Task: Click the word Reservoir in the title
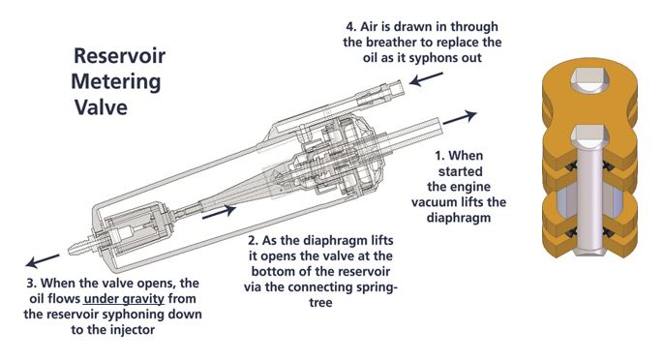click(119, 56)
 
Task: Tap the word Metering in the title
click(116, 81)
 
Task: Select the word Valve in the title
click(102, 106)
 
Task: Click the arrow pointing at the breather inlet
click(426, 79)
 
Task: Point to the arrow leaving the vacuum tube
click(460, 117)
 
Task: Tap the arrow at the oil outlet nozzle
click(43, 261)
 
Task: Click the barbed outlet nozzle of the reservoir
click(81, 247)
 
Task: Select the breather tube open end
click(397, 88)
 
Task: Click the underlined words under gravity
click(124, 299)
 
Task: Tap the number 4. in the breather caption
click(351, 27)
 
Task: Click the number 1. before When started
click(439, 156)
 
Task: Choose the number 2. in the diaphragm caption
click(254, 241)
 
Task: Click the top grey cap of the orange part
click(589, 79)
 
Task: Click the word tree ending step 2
click(320, 303)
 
